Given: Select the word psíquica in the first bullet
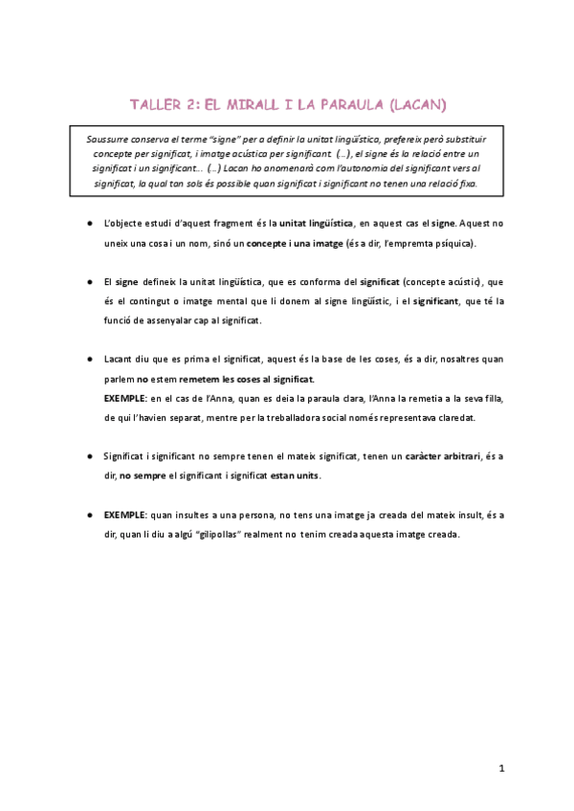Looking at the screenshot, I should coord(445,243).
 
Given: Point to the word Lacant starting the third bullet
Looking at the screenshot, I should coord(120,360).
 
